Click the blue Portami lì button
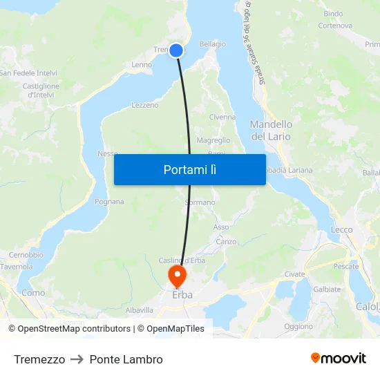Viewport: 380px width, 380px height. pos(189,169)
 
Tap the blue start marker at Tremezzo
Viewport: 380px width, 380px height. pos(176,50)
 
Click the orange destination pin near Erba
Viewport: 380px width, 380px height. pos(177,276)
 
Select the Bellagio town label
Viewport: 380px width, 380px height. pos(212,44)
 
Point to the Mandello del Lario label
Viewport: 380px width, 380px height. pos(271,131)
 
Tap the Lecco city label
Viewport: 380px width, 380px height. pos(341,229)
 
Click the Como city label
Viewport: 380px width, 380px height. pos(33,293)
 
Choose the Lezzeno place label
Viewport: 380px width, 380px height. pos(145,106)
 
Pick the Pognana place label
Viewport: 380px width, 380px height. pos(109,202)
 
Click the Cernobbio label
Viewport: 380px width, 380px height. pos(27,255)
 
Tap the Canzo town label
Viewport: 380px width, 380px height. pos(226,242)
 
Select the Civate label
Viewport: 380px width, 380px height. pos(294,274)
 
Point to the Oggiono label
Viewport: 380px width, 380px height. pos(298,326)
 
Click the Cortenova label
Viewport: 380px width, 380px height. pos(335,26)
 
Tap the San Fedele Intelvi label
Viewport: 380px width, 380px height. pos(28,73)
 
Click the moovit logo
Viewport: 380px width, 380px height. pos(339,359)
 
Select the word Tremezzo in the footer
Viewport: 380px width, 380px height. pos(39,359)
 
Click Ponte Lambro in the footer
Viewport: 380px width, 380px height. pos(126,359)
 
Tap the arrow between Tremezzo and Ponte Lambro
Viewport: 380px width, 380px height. pos(77,359)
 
